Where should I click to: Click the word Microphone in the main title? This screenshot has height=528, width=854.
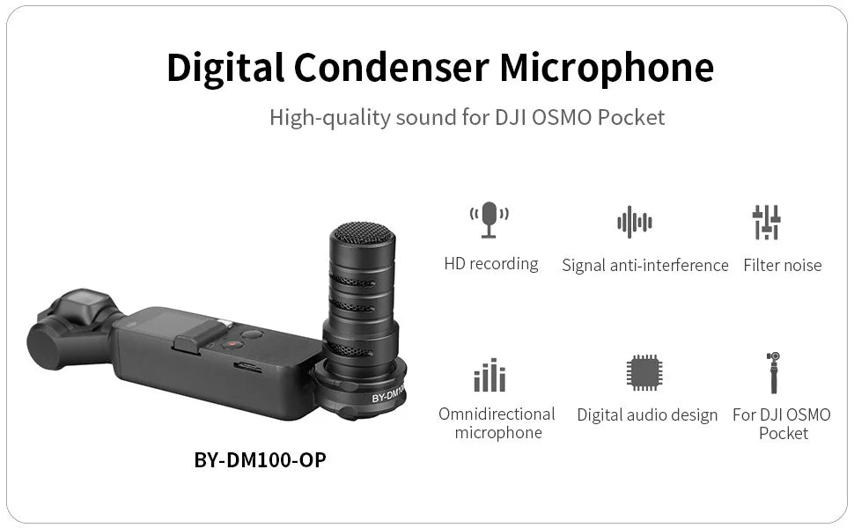[x=607, y=67]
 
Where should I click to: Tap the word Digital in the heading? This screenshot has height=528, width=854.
[x=225, y=67]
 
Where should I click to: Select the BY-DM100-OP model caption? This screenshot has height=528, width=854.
[x=260, y=459]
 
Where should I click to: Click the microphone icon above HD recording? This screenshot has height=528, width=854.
[x=490, y=220]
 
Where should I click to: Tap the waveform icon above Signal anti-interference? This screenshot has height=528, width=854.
[x=634, y=222]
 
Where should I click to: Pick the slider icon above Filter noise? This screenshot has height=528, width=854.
[x=767, y=222]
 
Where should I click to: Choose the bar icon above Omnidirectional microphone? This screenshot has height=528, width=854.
[x=490, y=375]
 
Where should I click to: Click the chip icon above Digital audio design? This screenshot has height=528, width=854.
[x=644, y=373]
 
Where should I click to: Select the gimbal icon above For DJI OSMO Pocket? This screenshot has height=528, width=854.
[x=773, y=372]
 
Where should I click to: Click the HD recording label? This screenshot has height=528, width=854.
[x=491, y=264]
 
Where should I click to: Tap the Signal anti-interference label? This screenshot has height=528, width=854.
[x=645, y=265]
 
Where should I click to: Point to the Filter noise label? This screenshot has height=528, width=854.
[x=782, y=265]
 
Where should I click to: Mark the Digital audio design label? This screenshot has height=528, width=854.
[x=647, y=414]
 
